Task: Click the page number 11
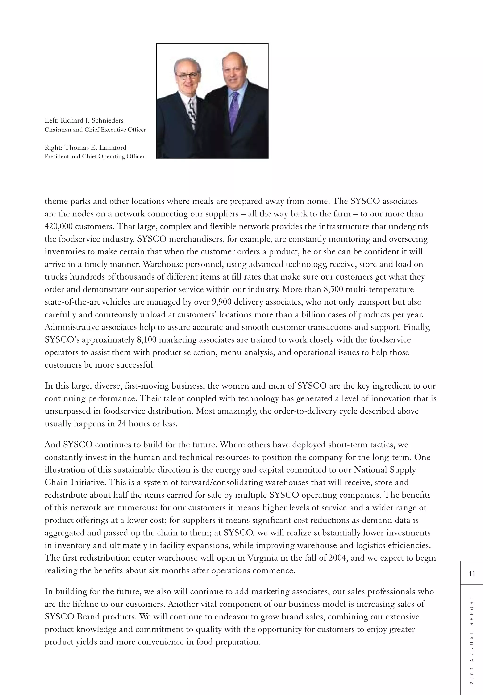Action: pyautogui.click(x=471, y=574)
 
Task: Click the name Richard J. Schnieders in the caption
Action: pyautogui.click(x=92, y=120)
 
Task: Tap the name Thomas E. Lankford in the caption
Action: pyautogui.click(x=95, y=148)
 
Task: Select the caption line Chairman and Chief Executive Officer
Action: pyautogui.click(x=95, y=130)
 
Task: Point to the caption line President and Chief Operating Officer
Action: pyautogui.click(x=95, y=157)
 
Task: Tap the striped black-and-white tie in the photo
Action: pyautogui.click(x=192, y=112)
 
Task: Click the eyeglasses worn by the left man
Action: pyautogui.click(x=187, y=75)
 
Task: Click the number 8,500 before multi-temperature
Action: pyautogui.click(x=333, y=289)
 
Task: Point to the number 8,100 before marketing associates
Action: pyautogui.click(x=147, y=340)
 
